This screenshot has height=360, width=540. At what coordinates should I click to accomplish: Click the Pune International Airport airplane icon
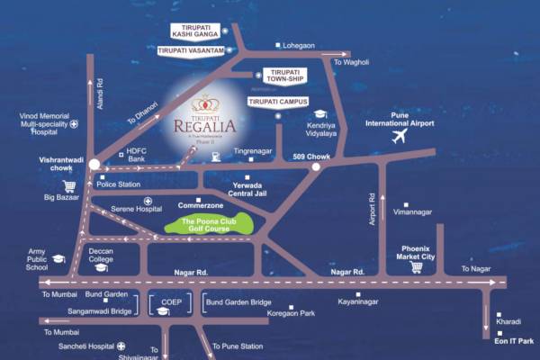[400, 137]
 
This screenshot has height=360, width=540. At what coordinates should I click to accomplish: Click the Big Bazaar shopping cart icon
[68, 186]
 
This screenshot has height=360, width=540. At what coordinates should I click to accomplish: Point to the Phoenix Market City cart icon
[416, 266]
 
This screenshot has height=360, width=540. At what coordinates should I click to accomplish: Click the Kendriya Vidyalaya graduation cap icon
[319, 115]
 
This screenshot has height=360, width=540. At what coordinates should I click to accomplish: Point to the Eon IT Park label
[514, 339]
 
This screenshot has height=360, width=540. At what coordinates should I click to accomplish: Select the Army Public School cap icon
[58, 259]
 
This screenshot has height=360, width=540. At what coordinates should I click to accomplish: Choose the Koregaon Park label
[291, 313]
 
